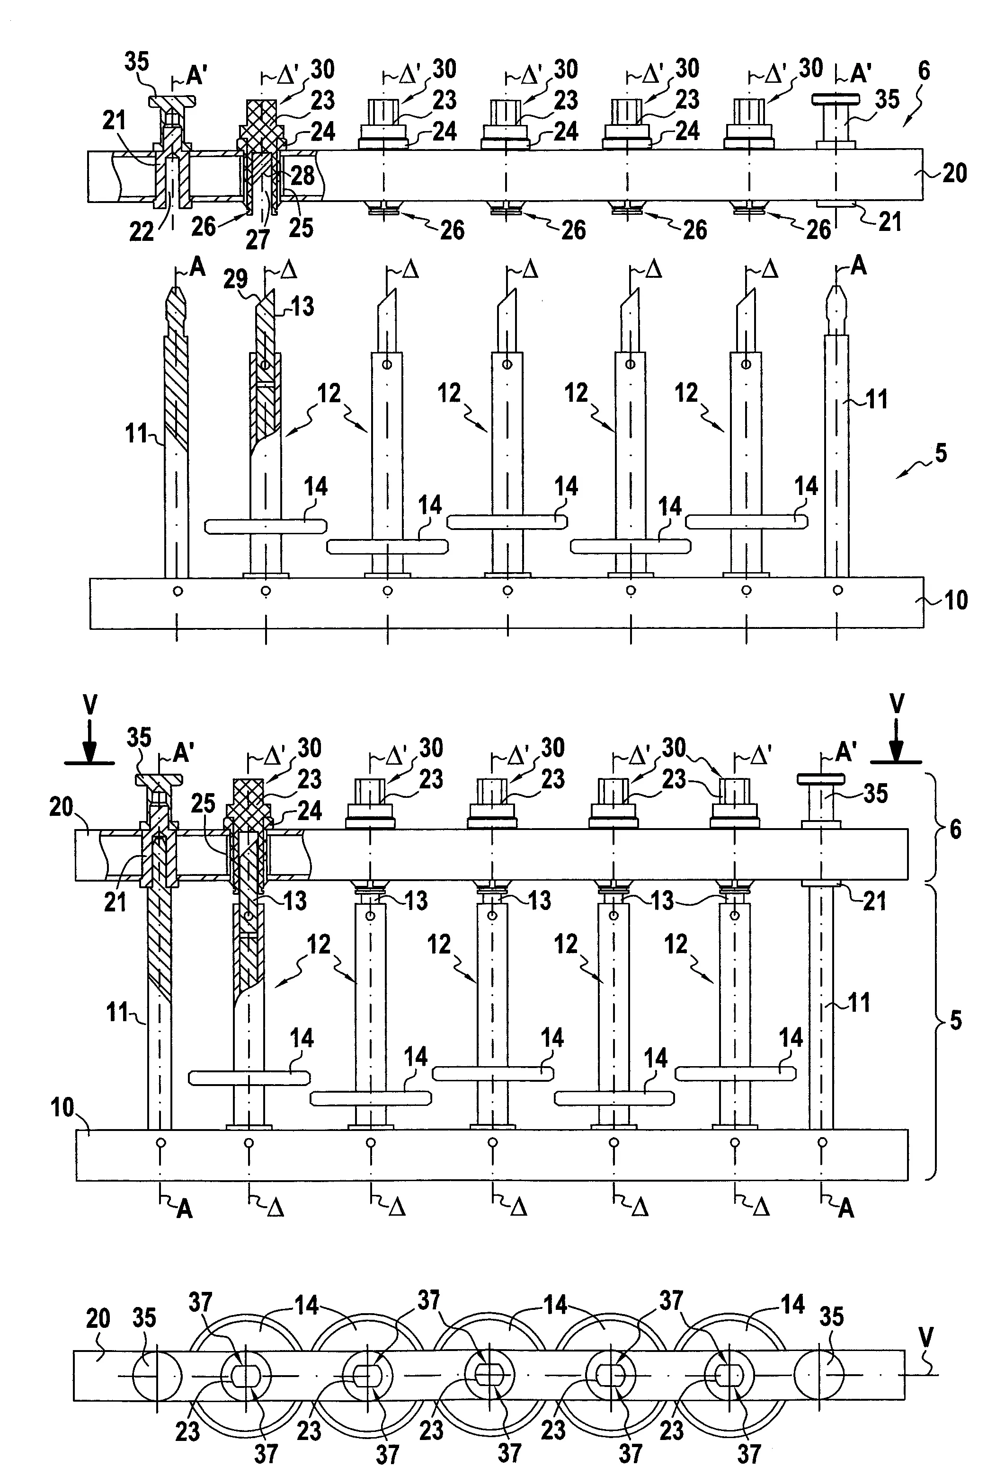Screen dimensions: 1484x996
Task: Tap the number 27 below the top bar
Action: tap(258, 240)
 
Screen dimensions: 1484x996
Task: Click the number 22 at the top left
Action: tap(141, 232)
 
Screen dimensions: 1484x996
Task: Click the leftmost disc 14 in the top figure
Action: tap(266, 526)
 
